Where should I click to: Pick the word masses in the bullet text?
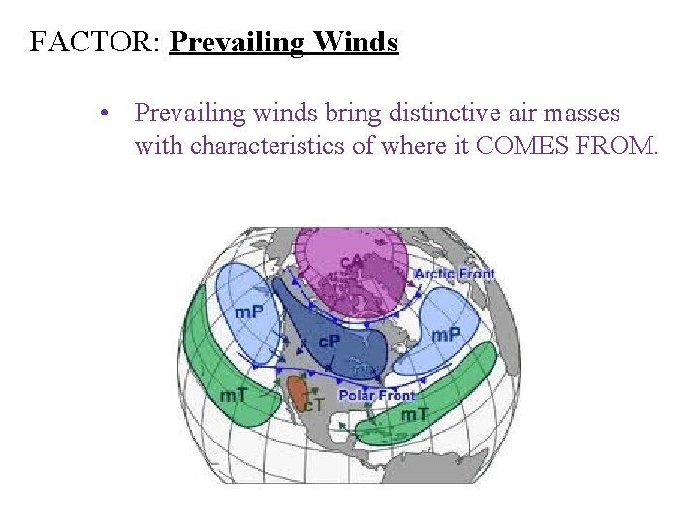coord(583,114)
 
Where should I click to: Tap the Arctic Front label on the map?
coord(454,274)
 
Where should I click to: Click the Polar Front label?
coord(376,395)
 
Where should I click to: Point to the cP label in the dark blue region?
coord(330,341)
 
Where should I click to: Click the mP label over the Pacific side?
coord(249,311)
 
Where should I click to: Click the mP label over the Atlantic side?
coord(446,334)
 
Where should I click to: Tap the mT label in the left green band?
coord(234,395)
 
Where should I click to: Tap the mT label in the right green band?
coord(415,414)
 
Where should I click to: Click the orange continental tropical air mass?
coord(297,392)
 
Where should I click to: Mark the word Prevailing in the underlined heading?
coord(236,43)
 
